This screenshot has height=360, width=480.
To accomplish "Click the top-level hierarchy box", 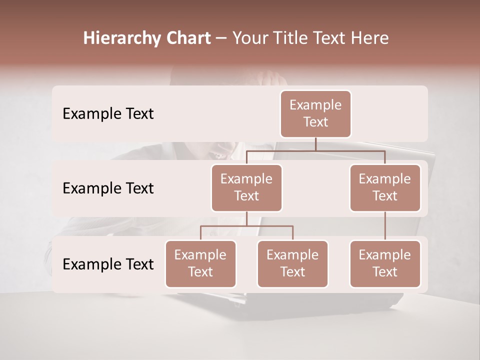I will (x=315, y=114).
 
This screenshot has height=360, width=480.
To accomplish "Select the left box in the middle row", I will (x=246, y=188).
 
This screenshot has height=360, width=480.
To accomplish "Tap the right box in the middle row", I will (x=385, y=188).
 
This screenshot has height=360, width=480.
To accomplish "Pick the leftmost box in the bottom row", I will (x=200, y=264).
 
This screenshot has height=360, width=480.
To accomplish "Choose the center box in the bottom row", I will (x=292, y=264).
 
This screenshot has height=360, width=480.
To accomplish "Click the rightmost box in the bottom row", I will (x=385, y=264).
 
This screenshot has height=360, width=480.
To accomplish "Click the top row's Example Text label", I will (x=108, y=114).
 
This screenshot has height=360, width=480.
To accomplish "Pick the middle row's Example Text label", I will (x=108, y=188).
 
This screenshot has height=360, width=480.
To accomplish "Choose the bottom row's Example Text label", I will (x=108, y=264).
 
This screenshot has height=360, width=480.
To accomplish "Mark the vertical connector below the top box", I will (x=315, y=144).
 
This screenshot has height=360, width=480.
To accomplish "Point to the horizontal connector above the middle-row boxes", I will (x=315, y=150).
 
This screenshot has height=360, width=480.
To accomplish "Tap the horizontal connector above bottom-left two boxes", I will (x=246, y=226).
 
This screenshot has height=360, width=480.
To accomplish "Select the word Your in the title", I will (x=248, y=38).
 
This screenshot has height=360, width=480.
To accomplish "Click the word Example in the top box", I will (x=315, y=105).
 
